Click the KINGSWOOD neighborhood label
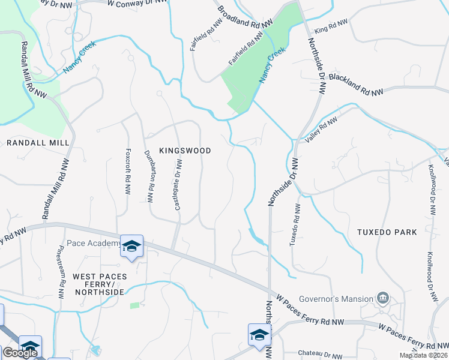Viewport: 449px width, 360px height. (185, 151)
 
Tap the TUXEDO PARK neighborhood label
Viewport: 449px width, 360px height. (387, 232)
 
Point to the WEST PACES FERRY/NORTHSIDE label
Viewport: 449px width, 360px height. (98, 284)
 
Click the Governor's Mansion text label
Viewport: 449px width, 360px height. (338, 299)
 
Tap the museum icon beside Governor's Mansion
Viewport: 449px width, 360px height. (382, 298)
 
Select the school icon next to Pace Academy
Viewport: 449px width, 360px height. (132, 246)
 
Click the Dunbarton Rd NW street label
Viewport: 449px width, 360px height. (150, 176)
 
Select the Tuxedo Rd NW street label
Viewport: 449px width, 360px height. (294, 224)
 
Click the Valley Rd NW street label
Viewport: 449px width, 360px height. (322, 130)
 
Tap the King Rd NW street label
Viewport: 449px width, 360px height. (331, 26)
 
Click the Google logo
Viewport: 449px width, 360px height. (20, 353)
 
